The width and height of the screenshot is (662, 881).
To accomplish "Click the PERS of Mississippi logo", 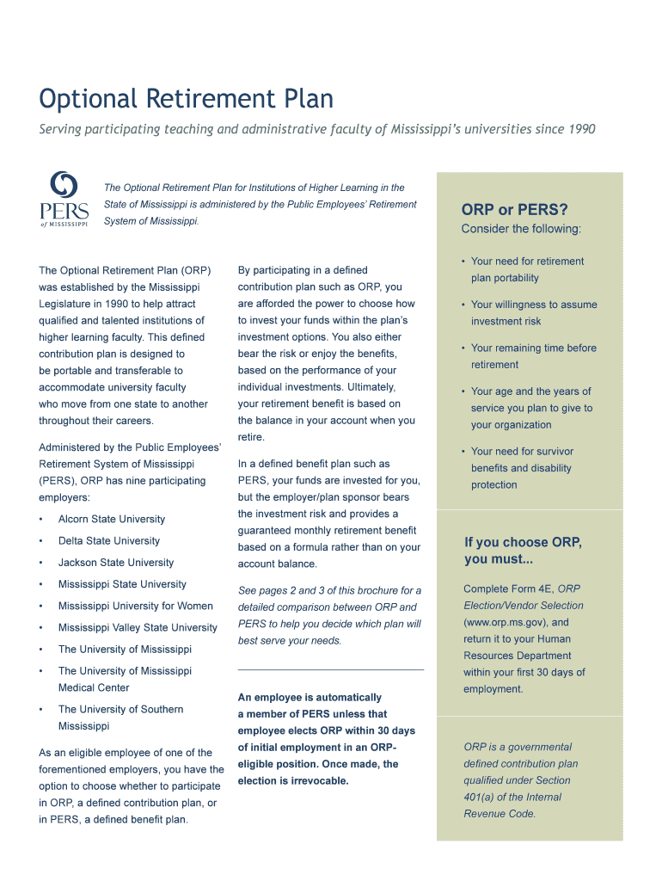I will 64,200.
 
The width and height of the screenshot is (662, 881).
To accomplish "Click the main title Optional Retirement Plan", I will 186,99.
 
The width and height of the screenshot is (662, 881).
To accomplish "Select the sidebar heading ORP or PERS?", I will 514,210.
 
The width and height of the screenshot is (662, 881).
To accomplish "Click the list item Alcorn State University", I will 112,520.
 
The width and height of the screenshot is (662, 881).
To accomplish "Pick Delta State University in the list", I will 109,541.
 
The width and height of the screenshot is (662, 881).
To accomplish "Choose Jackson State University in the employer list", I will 116,563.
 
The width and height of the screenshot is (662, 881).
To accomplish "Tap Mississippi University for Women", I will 136,606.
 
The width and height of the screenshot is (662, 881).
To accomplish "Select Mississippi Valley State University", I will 138,627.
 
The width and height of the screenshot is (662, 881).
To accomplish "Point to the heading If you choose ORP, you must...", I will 523,551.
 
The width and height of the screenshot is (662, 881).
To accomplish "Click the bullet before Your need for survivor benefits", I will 463,452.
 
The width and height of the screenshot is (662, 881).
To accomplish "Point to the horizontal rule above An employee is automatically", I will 330,669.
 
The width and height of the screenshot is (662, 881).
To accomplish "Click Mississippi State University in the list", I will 122,584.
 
